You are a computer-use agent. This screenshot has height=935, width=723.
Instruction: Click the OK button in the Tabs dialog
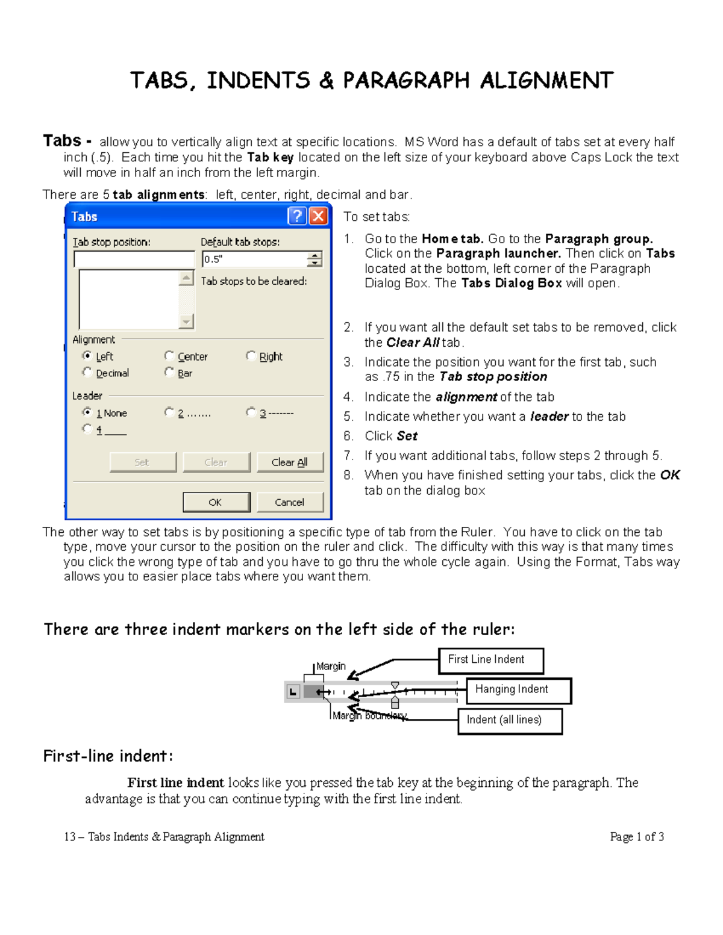pos(216,502)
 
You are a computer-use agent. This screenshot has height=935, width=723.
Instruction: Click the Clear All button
pos(290,462)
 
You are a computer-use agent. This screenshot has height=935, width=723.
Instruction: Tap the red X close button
pos(318,216)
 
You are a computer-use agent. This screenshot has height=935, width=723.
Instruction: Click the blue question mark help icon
pos(297,216)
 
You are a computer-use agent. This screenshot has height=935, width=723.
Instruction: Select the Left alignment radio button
pos(87,356)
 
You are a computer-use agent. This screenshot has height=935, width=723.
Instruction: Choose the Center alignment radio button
pos(169,356)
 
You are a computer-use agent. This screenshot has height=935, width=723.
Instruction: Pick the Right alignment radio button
pos(251,356)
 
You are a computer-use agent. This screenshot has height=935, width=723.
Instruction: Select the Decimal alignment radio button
pos(87,373)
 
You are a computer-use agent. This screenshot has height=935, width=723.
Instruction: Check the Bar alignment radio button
pos(169,373)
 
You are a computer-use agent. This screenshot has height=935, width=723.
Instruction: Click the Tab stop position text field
pos(134,259)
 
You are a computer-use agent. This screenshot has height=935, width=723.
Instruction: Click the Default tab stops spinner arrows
pos(315,259)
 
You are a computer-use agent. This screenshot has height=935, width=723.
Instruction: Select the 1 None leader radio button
pos(87,412)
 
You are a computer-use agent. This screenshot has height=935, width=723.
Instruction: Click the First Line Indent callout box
pos(491,660)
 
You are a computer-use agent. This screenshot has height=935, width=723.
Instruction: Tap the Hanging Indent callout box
pos(518,691)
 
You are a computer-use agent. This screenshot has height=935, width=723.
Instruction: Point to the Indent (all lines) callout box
pos(510,721)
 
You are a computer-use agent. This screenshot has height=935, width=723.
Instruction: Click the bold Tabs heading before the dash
pos(62,141)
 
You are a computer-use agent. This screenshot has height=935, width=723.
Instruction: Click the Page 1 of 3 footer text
pos(637,837)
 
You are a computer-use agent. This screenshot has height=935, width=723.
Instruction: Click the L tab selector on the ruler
pos(293,692)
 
